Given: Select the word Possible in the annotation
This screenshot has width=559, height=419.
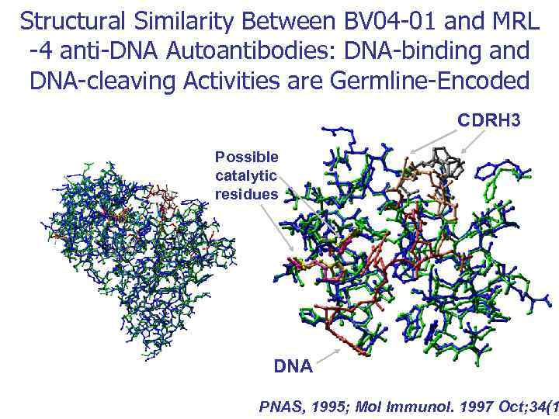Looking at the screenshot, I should point(246,157).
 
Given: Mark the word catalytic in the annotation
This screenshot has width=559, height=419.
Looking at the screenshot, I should point(246,175).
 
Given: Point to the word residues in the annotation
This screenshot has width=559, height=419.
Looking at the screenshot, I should point(246,194).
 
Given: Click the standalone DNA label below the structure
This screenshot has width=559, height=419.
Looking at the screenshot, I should point(293,365).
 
